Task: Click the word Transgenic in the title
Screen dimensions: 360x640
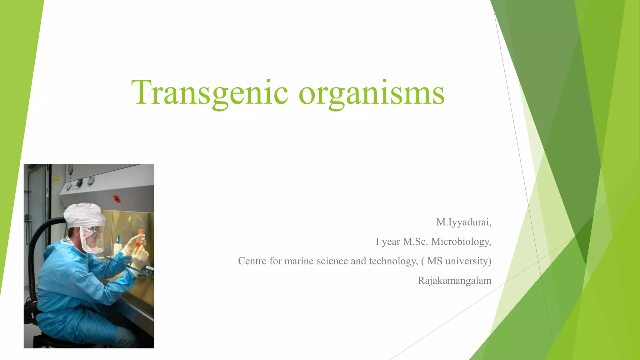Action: click(209, 93)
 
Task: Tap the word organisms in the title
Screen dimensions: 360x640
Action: click(372, 93)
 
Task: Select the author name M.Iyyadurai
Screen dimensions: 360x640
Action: click(463, 222)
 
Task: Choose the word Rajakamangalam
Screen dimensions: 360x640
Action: click(454, 281)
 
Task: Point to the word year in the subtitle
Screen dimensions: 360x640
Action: click(391, 242)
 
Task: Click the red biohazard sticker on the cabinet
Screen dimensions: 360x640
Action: click(117, 198)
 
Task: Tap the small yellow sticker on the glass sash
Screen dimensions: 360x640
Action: click(129, 218)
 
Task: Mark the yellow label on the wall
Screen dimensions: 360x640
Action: click(56, 179)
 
